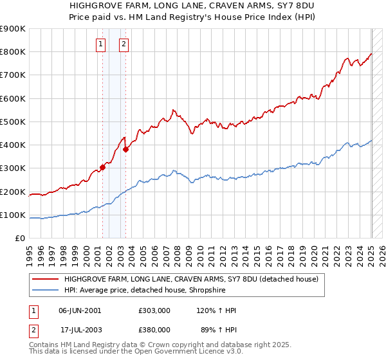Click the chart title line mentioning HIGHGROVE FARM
tap(193, 5)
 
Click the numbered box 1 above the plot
tap(102, 44)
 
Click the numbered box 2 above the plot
tap(124, 44)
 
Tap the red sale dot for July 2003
tap(125, 150)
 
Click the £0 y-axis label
tap(19, 238)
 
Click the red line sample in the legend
tap(45, 279)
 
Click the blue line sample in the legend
tap(45, 290)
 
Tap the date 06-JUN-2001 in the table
tap(80, 310)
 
